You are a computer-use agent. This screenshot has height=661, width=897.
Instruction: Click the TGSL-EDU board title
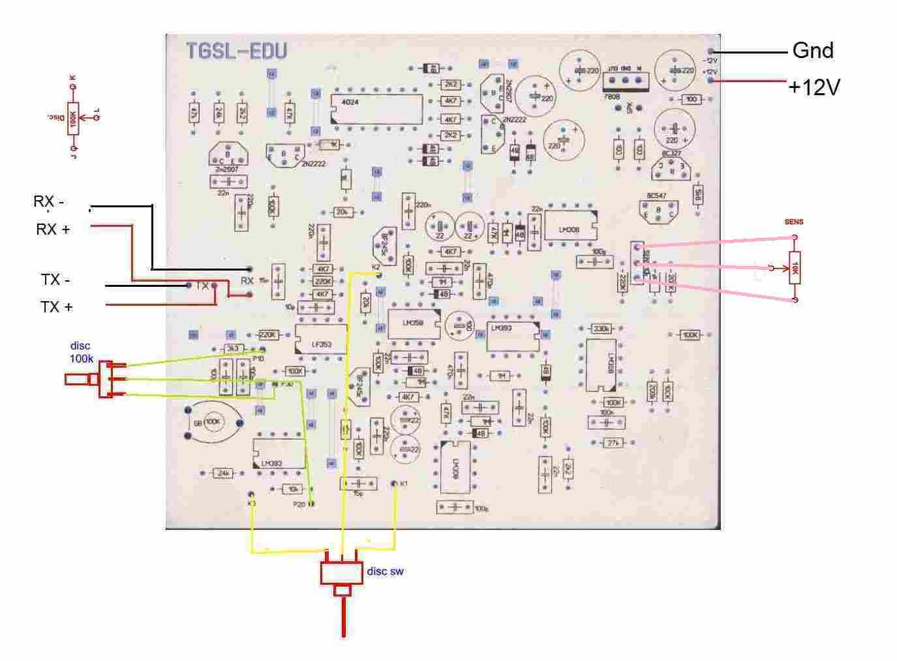[x=236, y=51]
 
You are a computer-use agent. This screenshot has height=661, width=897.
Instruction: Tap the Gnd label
[x=812, y=50]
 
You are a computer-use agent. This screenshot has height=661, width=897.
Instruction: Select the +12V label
[x=813, y=87]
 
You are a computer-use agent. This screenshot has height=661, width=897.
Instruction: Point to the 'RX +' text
[x=53, y=229]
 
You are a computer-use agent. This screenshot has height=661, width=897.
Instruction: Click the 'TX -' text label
[x=55, y=280]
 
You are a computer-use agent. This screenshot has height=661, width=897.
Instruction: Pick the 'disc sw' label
[x=385, y=571]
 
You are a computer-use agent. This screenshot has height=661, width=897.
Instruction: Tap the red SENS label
[x=794, y=222]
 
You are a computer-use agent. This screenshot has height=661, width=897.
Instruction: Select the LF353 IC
[x=320, y=339]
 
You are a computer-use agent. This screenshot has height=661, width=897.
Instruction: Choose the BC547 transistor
[x=658, y=209]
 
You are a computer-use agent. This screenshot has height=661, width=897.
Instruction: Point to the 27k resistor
[x=612, y=443]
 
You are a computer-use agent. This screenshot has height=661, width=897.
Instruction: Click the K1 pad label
[x=404, y=484]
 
